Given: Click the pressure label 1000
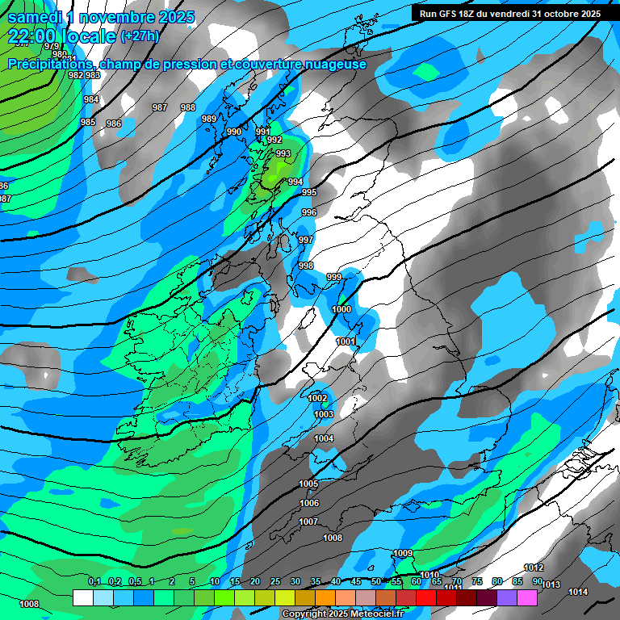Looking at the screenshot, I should [x=341, y=309].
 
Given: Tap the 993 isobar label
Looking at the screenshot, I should [x=283, y=153].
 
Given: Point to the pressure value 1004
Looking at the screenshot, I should [x=324, y=438].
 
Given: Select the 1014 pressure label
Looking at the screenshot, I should [x=578, y=592].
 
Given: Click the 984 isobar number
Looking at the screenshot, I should [x=91, y=99].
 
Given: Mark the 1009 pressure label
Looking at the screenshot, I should [x=403, y=553].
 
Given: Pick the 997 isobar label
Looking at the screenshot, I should [x=305, y=241].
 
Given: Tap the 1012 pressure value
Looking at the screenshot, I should [x=534, y=568].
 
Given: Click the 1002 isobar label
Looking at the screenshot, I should [x=318, y=398].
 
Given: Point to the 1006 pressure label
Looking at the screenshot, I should [x=309, y=503].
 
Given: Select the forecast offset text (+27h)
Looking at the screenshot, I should [x=140, y=36].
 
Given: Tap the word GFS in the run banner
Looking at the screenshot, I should [x=452, y=14].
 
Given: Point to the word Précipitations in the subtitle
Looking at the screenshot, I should [x=50, y=65].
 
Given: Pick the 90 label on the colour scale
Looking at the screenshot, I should [x=537, y=582].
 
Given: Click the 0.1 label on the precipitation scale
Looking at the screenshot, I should [x=94, y=582].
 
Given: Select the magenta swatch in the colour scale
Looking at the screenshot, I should [x=527, y=597].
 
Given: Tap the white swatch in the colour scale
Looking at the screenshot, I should [x=82, y=597].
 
